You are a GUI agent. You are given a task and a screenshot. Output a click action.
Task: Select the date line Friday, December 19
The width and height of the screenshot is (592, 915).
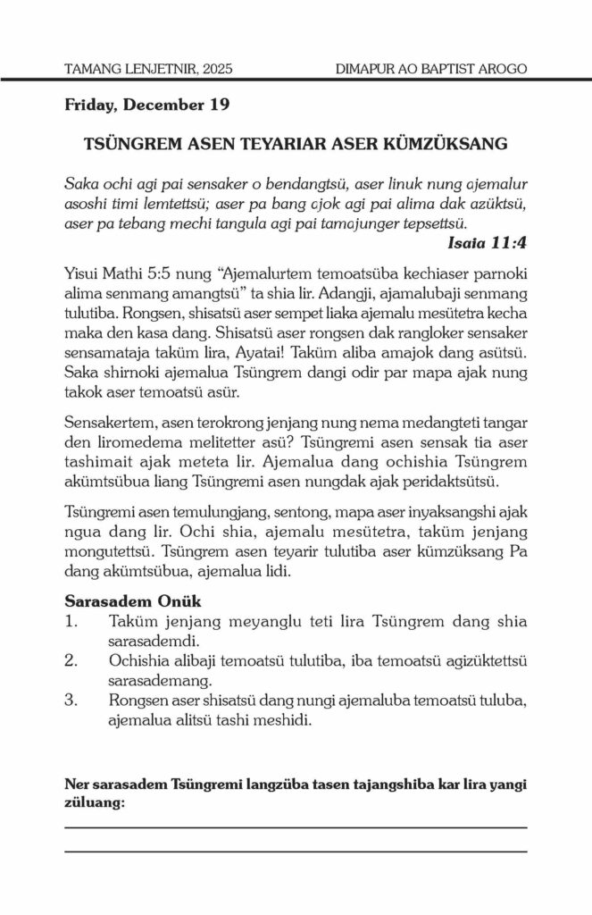[x=147, y=105]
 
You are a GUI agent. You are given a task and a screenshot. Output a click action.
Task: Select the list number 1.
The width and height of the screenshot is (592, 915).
[x=71, y=622]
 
